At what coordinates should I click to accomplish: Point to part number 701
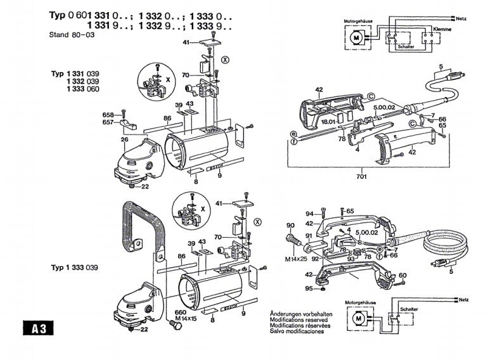tap(361, 176)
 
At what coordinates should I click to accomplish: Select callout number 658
tap(108, 115)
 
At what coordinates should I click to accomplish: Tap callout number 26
tap(125, 139)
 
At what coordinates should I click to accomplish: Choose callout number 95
tap(309, 289)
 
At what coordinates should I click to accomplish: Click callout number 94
tap(310, 213)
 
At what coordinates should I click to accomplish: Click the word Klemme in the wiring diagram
tap(442, 30)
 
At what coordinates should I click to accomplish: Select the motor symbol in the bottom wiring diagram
tap(359, 317)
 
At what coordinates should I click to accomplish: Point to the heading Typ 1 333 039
tap(75, 268)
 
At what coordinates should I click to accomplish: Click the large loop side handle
tap(140, 225)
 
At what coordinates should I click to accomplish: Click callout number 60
tap(402, 274)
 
